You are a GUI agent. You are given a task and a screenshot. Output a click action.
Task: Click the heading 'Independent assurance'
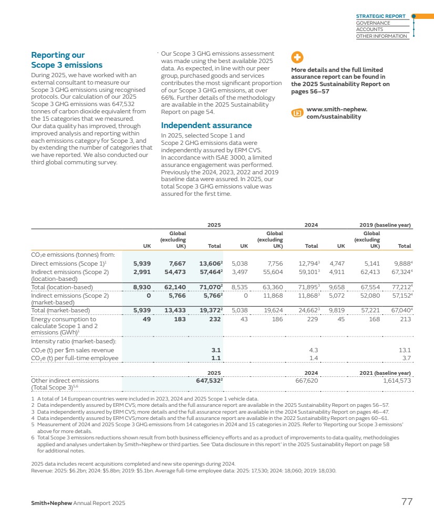click(206, 125)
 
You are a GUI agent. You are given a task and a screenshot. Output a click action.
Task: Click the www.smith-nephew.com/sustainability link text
click(337, 113)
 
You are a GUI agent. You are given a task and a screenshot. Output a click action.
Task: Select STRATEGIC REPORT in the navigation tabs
click(381, 16)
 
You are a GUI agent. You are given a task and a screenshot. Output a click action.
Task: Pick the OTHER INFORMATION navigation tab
click(381, 36)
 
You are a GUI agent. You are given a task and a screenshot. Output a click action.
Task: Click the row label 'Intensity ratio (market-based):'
click(73, 342)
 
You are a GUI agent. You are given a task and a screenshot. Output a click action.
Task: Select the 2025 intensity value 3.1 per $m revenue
click(216, 350)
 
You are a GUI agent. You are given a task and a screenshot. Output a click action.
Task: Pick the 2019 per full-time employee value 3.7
click(406, 358)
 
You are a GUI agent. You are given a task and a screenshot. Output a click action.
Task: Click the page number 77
click(407, 502)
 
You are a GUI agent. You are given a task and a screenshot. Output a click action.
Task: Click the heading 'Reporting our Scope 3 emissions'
click(67, 60)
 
